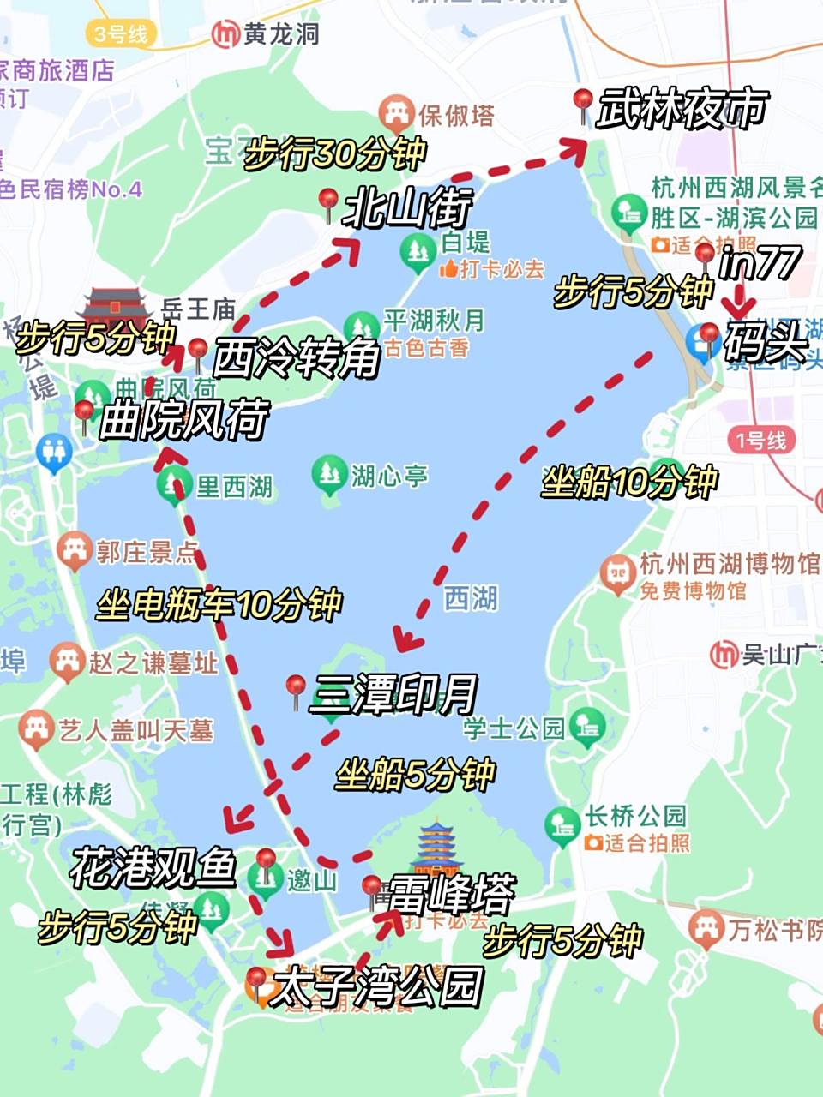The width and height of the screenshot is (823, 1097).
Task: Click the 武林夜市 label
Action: click(x=682, y=110)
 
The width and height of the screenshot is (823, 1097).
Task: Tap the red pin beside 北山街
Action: click(x=327, y=202)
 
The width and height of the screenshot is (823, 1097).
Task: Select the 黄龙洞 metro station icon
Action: click(x=225, y=33)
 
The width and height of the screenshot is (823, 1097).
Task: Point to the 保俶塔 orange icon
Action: click(x=395, y=114)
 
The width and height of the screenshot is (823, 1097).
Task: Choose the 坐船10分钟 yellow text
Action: click(x=629, y=482)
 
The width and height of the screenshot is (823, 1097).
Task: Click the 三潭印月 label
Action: click(x=393, y=694)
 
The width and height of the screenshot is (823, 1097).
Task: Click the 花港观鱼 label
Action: click(x=153, y=867)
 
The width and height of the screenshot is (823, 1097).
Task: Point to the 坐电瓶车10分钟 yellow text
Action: click(x=219, y=605)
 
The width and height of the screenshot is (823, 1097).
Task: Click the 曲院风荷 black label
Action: click(x=184, y=420)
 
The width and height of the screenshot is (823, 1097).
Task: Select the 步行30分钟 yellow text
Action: click(x=335, y=154)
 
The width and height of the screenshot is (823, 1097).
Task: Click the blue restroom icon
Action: click(x=54, y=451)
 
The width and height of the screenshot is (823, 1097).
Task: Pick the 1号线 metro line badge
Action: click(x=760, y=441)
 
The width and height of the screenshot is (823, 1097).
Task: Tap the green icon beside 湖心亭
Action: click(x=329, y=473)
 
